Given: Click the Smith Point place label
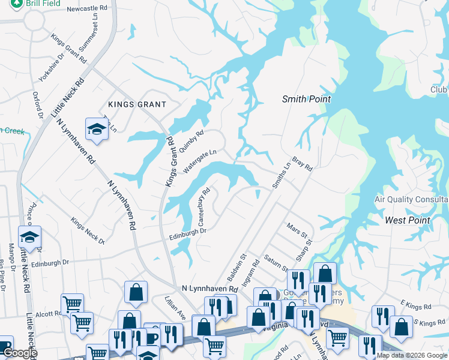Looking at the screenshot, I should pos(306,99).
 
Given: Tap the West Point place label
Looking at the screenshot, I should pos(407,220).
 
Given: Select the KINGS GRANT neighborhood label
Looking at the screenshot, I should pos(136,104).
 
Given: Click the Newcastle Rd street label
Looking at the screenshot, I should pos(90,10).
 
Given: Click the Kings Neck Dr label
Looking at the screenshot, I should pos(88,231).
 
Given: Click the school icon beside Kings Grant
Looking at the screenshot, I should pos(95,128).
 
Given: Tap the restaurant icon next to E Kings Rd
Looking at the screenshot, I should pos(382,317).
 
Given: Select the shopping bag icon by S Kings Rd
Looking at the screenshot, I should pos(401,327).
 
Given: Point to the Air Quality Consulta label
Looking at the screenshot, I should pos(411,199).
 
